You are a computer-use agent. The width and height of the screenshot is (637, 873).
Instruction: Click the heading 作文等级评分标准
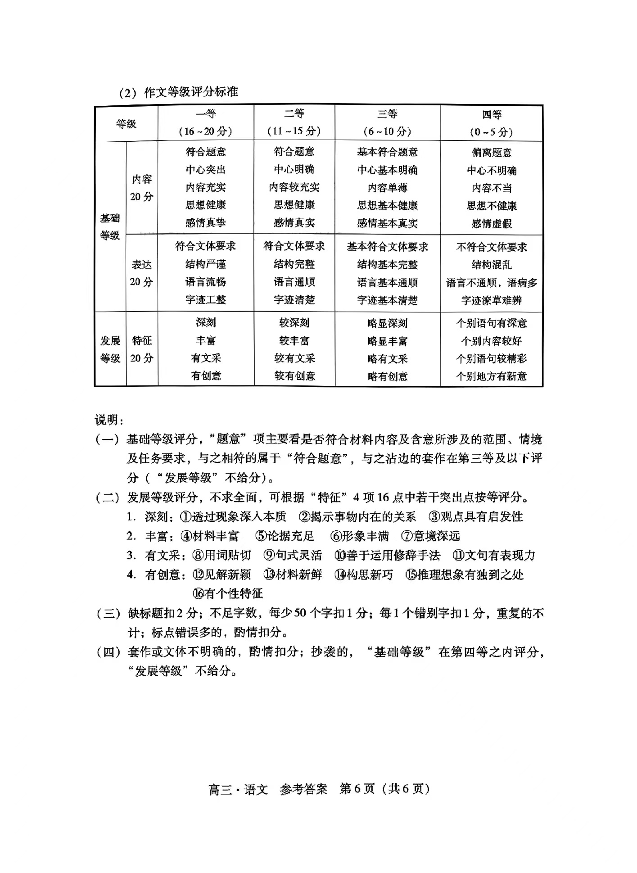[x=191, y=92]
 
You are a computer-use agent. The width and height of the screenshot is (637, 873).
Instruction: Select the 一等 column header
[x=206, y=114]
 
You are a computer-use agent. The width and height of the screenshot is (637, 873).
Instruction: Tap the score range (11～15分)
[x=294, y=131]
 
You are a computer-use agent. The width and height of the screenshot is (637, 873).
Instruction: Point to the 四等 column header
[x=492, y=115]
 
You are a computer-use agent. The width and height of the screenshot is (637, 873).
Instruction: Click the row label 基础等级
[x=110, y=227]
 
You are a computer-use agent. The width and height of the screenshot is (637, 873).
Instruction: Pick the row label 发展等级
[x=110, y=349]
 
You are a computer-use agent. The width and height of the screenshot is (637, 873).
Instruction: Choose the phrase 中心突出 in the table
[x=206, y=170]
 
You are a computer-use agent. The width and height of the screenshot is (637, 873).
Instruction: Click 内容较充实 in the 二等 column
[x=294, y=187]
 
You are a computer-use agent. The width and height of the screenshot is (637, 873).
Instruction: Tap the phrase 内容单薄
[x=387, y=188]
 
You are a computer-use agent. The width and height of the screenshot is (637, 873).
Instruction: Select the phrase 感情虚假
[x=492, y=224]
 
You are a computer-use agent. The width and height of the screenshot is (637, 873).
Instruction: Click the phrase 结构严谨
[x=206, y=264]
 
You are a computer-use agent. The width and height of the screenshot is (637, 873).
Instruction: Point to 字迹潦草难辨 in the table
[x=492, y=300]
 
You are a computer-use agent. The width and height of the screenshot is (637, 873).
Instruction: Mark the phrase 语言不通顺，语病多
[x=492, y=283]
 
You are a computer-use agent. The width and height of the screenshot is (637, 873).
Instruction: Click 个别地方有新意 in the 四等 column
[x=492, y=376]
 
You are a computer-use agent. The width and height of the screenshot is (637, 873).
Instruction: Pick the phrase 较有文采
[x=294, y=358]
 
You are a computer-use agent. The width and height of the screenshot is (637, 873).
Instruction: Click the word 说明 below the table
[x=108, y=420]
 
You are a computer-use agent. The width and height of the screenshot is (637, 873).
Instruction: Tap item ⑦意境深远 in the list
[x=430, y=536]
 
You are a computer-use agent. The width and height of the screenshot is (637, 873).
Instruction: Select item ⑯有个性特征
[x=227, y=593]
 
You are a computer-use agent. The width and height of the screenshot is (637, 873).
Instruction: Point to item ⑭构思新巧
[x=364, y=574]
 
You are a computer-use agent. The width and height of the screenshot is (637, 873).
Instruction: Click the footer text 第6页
[x=357, y=789]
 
